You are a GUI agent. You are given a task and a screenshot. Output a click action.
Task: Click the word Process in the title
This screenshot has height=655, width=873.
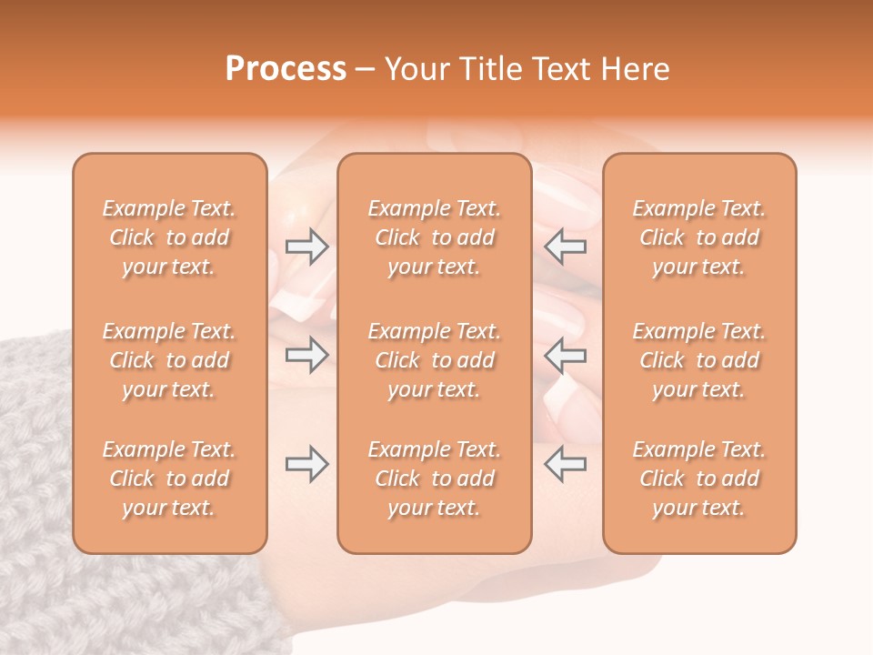coord(286,69)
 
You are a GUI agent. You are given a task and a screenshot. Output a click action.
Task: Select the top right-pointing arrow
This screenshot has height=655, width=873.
coord(307,247)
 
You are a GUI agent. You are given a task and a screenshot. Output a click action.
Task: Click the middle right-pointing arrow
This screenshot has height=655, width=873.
coord(307,355)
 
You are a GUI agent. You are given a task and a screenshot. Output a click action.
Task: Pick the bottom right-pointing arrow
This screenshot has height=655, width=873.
coord(307,464)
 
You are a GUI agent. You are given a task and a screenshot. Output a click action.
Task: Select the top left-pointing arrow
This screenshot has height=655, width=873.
coord(565,247)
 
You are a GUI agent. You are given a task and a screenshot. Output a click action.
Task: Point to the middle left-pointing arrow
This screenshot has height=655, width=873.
coord(565,355)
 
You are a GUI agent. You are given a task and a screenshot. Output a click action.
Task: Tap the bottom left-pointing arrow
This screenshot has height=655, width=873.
coord(565,464)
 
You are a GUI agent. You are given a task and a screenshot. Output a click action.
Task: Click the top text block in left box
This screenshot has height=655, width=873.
coord(169,237)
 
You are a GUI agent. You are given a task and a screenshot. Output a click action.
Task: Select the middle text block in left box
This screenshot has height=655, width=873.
coord(169,360)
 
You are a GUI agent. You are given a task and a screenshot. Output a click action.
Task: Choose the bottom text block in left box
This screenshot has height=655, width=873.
coord(169,479)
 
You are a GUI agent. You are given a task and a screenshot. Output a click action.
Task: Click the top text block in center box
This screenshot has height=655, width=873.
coord(434,237)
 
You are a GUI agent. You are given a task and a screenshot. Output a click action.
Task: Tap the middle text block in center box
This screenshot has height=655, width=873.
coord(434,360)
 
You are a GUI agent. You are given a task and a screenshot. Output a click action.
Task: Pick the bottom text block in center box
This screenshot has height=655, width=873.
coord(434,479)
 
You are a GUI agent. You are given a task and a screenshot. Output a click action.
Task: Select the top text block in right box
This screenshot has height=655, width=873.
coord(699,237)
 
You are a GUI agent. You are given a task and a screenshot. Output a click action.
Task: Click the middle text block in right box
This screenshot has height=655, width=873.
coord(699,360)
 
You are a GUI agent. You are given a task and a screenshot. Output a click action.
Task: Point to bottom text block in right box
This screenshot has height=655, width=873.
coord(699,479)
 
